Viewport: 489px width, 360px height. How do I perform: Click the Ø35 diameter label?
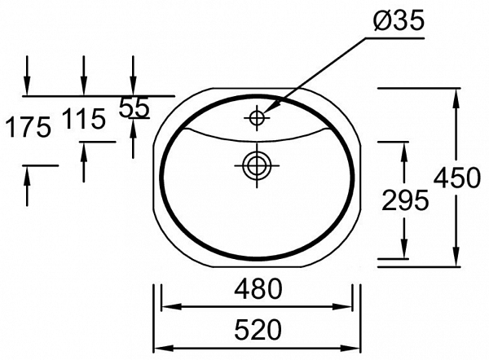399,20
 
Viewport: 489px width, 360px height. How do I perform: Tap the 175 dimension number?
28,127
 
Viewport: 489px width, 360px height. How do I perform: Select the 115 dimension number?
84,119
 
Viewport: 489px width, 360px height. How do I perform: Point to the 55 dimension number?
134,107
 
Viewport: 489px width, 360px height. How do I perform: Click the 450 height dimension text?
457,178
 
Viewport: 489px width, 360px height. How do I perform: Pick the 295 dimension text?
405,200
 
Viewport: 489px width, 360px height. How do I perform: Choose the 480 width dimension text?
258,288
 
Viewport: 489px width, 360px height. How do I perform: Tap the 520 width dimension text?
258,329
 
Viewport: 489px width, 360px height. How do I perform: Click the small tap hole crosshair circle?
257,117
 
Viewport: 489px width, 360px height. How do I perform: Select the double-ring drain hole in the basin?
257,165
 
